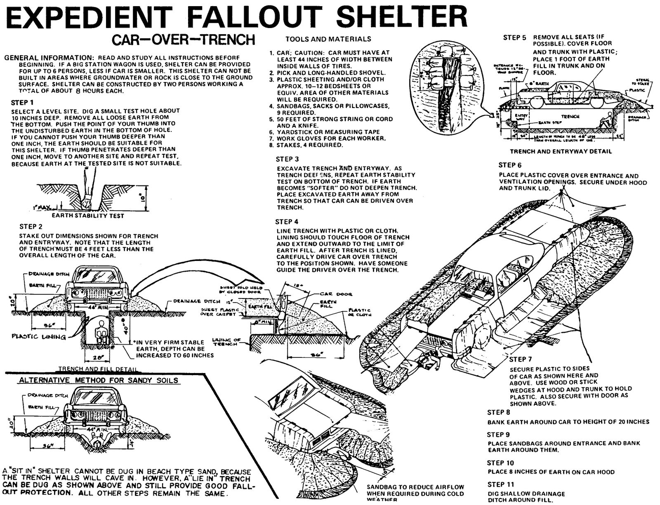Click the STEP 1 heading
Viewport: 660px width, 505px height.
point(23,102)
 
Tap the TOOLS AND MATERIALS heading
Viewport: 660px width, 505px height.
point(328,39)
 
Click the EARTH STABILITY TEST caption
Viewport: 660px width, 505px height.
point(88,216)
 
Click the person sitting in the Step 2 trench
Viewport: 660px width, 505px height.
point(99,334)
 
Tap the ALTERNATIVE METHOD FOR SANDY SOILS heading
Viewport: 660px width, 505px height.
point(99,380)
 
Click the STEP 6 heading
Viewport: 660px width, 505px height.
point(510,165)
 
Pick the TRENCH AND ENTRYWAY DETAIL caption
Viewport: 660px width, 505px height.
point(561,151)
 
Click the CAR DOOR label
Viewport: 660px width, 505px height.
point(336,294)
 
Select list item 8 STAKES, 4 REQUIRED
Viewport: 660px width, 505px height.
point(310,145)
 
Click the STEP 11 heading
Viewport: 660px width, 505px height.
point(500,484)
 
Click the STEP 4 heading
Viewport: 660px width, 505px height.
point(287,221)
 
